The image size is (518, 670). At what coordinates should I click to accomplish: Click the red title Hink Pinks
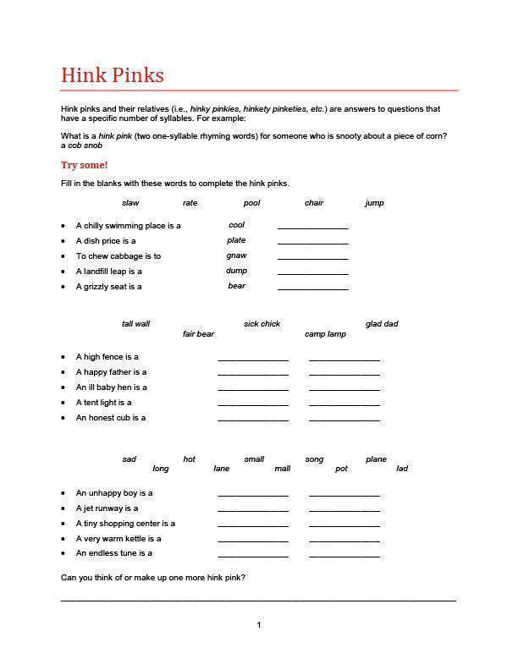pyautogui.click(x=113, y=75)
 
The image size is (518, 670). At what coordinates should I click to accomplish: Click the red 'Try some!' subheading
pyautogui.click(x=85, y=165)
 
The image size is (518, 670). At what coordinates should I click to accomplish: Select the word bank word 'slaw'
pyautogui.click(x=130, y=203)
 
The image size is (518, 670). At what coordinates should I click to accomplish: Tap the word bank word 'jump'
pyautogui.click(x=374, y=203)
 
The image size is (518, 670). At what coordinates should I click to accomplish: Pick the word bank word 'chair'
pyautogui.click(x=314, y=203)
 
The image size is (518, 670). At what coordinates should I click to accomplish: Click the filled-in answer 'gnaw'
pyautogui.click(x=236, y=255)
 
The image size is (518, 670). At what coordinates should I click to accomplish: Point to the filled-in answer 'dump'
pyautogui.click(x=236, y=271)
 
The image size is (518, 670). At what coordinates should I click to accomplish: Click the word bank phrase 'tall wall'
pyautogui.click(x=135, y=324)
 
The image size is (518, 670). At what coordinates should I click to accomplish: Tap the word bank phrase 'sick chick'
pyautogui.click(x=262, y=324)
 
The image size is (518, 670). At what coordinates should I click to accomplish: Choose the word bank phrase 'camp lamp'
pyautogui.click(x=325, y=334)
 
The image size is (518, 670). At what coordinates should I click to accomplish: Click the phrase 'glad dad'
pyautogui.click(x=382, y=324)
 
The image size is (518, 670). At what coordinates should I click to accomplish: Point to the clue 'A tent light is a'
pyautogui.click(x=104, y=403)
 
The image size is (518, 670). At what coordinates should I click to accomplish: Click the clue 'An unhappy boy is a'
pyautogui.click(x=114, y=493)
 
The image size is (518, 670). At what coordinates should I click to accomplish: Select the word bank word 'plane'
pyautogui.click(x=376, y=459)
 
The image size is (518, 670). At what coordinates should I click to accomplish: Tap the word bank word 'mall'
pyautogui.click(x=282, y=469)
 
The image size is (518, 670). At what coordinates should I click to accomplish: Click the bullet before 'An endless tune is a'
pyautogui.click(x=63, y=553)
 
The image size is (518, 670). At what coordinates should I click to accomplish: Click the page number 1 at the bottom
pyautogui.click(x=259, y=625)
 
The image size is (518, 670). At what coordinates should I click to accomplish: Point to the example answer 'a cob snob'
pyautogui.click(x=82, y=146)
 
